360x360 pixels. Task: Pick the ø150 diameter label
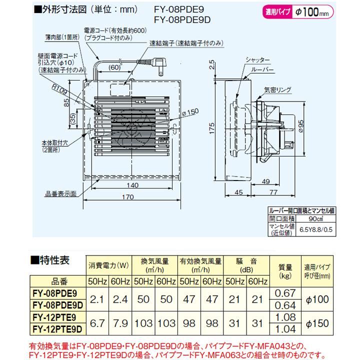[191, 112]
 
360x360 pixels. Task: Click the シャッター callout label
[258, 60]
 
